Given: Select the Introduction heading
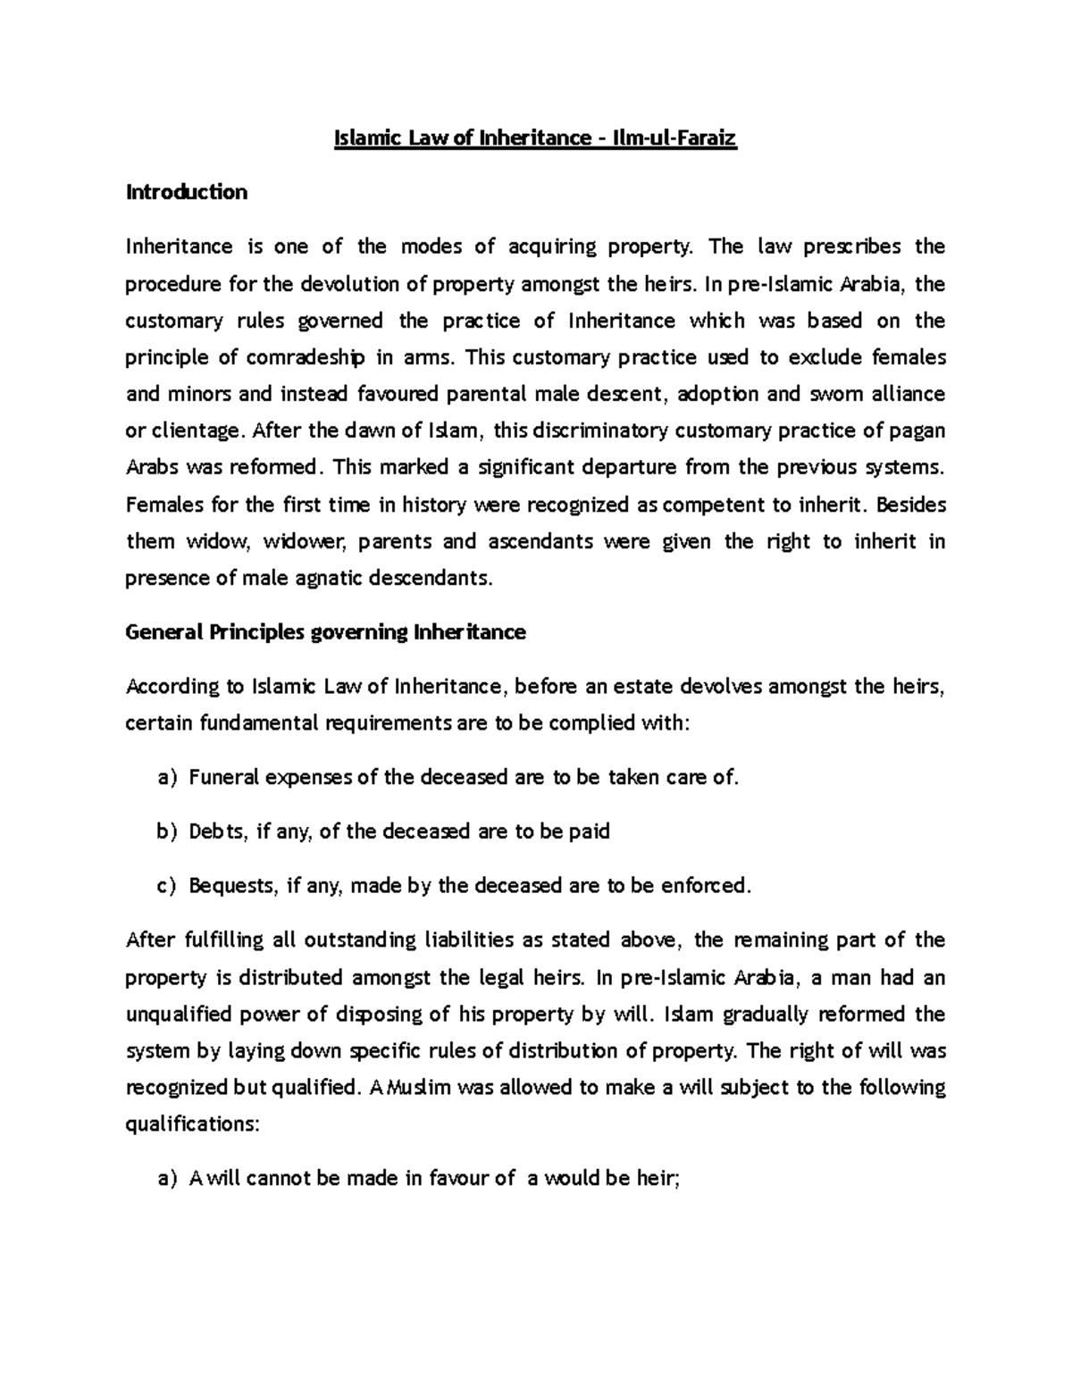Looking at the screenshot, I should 187,192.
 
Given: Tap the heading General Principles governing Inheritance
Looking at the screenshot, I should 326,633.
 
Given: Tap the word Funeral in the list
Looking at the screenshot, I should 223,778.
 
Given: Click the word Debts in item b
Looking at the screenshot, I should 217,831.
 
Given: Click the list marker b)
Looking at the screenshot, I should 167,831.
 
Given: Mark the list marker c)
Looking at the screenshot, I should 167,886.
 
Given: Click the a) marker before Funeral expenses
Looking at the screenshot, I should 167,778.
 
